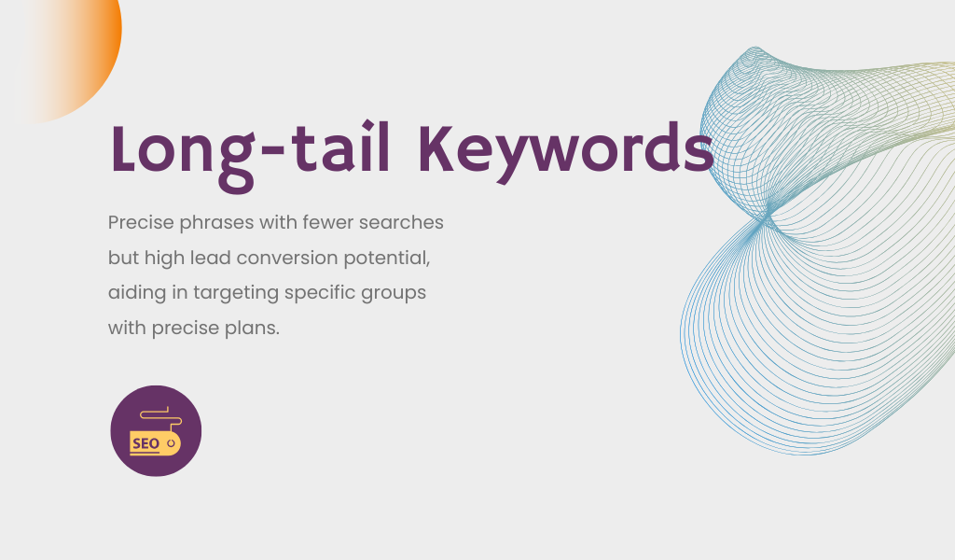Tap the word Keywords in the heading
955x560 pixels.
(566, 152)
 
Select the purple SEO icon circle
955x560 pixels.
(156, 431)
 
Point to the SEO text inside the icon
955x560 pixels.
(146, 443)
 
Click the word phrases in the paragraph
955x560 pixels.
(216, 223)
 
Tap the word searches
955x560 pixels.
(401, 222)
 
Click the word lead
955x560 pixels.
(211, 258)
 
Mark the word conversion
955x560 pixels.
(287, 259)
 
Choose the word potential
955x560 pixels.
(387, 259)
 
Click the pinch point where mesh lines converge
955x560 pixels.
(766, 218)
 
